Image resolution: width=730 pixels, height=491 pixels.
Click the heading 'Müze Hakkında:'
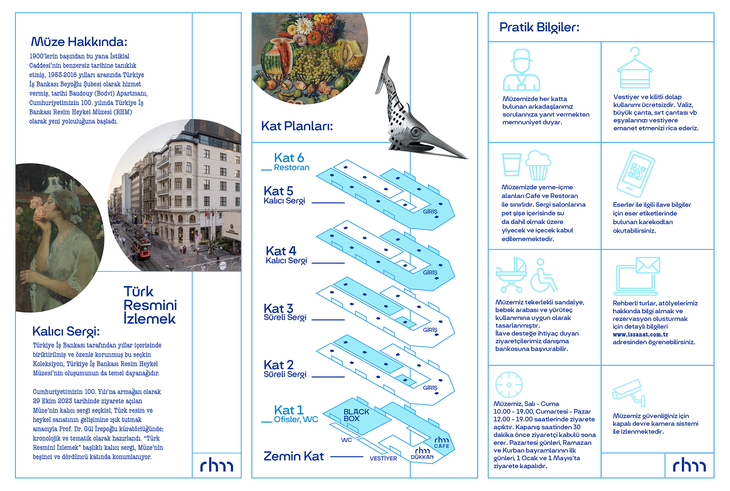pyautogui.click(x=79, y=42)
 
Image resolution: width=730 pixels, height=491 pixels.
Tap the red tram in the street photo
pyautogui.click(x=142, y=247)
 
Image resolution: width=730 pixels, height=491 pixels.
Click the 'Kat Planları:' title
pyautogui.click(x=297, y=126)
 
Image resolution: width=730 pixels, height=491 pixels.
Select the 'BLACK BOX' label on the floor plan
pyautogui.click(x=356, y=415)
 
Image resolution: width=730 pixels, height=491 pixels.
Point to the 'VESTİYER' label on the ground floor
pyautogui.click(x=383, y=459)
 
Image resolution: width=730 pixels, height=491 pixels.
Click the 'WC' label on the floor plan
pyautogui.click(x=346, y=440)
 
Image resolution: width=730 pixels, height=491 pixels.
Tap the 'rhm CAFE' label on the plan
pyautogui.click(x=442, y=442)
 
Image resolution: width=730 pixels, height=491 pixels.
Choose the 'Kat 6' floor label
pyautogui.click(x=289, y=158)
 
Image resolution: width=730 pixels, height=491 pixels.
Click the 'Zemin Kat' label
pyautogui.click(x=293, y=456)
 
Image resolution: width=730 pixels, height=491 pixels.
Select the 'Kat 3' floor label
pyautogui.click(x=278, y=309)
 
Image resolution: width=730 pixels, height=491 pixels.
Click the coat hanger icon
pyautogui.click(x=635, y=69)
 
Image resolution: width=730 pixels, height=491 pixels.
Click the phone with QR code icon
pyautogui.click(x=635, y=174)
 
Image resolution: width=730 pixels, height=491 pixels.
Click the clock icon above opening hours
pyautogui.click(x=509, y=384)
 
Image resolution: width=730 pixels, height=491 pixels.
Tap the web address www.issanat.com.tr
pyautogui.click(x=640, y=335)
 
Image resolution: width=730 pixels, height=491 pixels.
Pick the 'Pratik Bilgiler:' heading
pyautogui.click(x=539, y=27)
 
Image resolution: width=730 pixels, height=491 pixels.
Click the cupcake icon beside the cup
pyautogui.click(x=538, y=165)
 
